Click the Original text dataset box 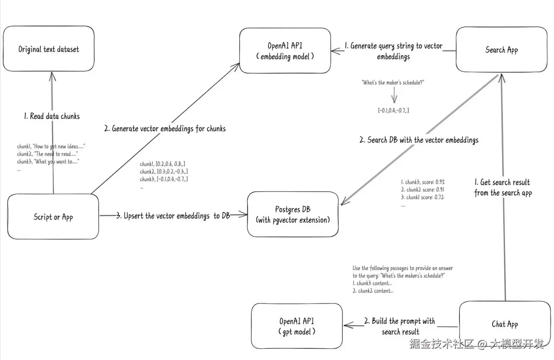48,49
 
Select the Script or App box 53,217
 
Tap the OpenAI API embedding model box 285,51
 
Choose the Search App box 501,49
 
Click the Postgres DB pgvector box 293,215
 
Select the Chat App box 504,324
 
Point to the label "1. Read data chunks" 52,116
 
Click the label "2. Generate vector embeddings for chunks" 165,129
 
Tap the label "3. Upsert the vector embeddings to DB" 173,216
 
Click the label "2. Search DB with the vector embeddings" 419,140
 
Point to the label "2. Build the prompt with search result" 400,326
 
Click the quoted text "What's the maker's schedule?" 393,82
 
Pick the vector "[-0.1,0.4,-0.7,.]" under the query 393,111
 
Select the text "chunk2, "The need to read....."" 48,154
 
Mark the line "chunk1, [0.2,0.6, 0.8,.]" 163,164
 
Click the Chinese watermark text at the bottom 476,344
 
